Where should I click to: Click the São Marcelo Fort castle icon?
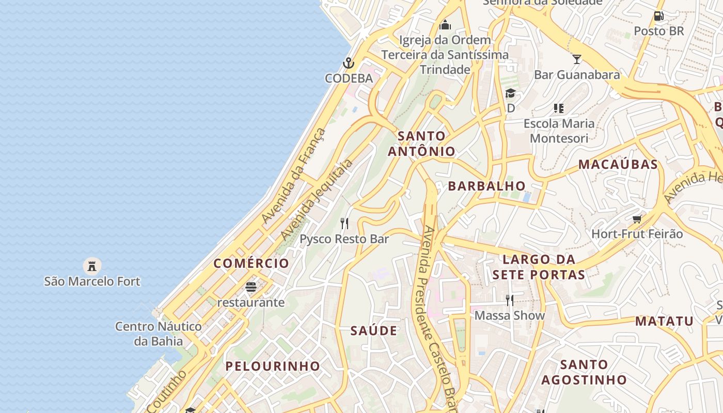(x=92, y=266)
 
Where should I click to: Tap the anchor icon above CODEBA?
(x=349, y=63)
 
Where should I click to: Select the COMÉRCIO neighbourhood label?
(x=252, y=263)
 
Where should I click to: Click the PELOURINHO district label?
(x=273, y=366)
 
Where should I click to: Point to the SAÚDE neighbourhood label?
(x=374, y=331)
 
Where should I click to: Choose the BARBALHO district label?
(x=486, y=186)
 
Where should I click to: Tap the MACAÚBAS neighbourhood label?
(x=618, y=165)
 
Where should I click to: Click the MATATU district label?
(x=664, y=321)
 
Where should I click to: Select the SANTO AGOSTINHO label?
(x=584, y=372)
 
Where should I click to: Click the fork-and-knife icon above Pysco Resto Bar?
(x=344, y=224)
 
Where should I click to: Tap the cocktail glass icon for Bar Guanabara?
(x=577, y=59)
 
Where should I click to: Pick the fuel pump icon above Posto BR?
(x=658, y=16)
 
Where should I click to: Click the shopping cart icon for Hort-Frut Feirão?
(x=637, y=219)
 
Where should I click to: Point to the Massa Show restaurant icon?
(x=510, y=300)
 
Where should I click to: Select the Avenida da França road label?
(x=294, y=176)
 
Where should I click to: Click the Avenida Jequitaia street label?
(x=317, y=200)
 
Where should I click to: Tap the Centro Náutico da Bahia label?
(x=158, y=333)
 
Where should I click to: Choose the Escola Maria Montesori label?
(x=559, y=131)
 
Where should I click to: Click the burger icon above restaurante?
(x=251, y=287)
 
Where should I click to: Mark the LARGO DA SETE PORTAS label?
(x=539, y=267)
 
